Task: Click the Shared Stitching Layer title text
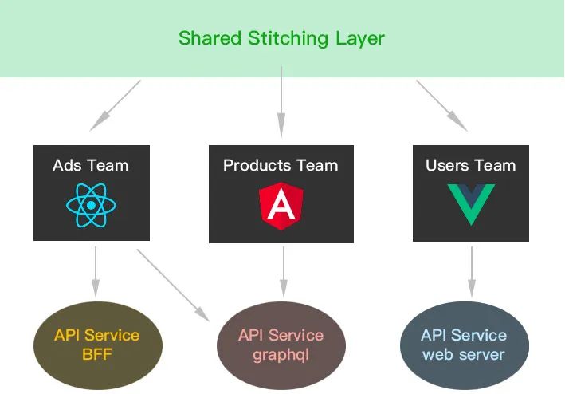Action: (x=281, y=37)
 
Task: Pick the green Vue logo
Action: (x=470, y=203)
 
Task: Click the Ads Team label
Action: (x=90, y=166)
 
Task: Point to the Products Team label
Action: (x=281, y=166)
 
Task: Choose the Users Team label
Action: (x=470, y=166)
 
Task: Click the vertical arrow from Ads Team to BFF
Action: (x=96, y=271)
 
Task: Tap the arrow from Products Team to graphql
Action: (x=281, y=271)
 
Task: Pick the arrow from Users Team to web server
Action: (x=471, y=271)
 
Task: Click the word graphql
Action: (x=281, y=355)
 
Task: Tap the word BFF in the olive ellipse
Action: (x=97, y=355)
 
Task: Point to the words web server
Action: (x=464, y=355)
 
